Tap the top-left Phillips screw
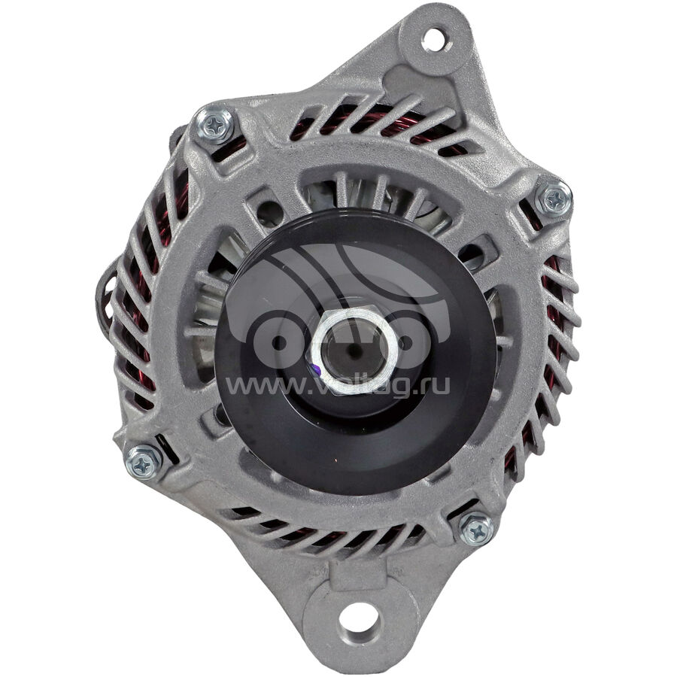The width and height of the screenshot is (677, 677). coord(214,124)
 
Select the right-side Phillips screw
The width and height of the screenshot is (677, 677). coord(554,199)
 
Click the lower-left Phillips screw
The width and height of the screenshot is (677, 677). coord(144,463)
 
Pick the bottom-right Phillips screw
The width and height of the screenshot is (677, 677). coord(476,529)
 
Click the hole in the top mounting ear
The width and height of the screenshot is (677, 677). coord(433,39)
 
